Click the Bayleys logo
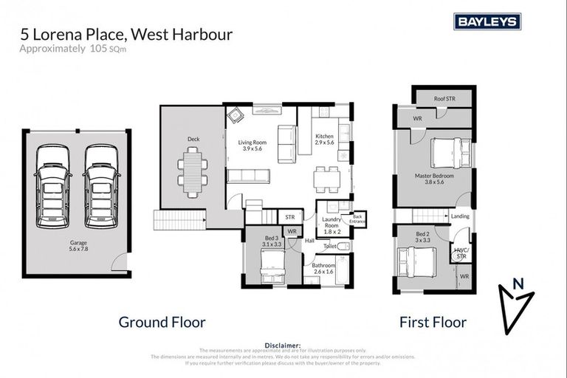(x=487, y=21)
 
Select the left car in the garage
(x=52, y=185)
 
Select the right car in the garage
(x=101, y=185)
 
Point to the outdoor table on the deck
(x=192, y=172)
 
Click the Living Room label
(x=252, y=145)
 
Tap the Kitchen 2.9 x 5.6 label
(x=325, y=140)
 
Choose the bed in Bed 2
(x=417, y=261)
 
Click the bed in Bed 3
(x=272, y=262)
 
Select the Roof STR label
(x=444, y=98)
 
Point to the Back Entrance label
(x=358, y=219)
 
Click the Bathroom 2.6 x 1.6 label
(x=323, y=269)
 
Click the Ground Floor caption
(x=162, y=322)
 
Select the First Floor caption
(x=433, y=322)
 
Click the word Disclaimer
(x=283, y=345)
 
